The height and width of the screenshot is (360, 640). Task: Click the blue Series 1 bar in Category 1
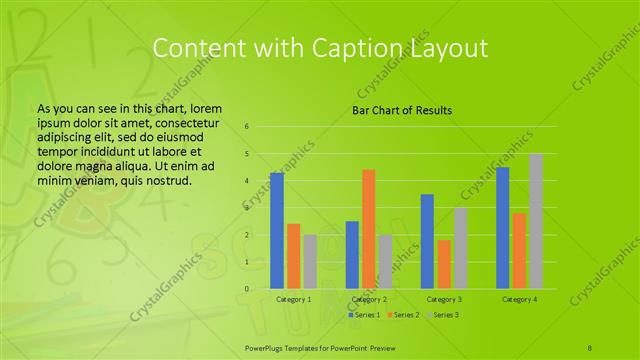277,231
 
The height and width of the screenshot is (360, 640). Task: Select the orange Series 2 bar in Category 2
368,229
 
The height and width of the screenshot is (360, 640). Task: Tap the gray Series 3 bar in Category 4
535,221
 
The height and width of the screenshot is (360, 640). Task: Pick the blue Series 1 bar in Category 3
427,241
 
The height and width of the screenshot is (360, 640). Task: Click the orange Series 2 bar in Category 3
443,264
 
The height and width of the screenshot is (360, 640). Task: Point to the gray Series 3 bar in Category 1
309,262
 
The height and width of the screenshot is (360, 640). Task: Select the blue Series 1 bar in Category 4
503,228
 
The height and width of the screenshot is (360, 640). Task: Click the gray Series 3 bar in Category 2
385,262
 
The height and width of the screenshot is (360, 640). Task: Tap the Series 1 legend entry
364,315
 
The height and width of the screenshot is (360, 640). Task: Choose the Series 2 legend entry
402,315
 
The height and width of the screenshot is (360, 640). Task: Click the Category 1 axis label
293,299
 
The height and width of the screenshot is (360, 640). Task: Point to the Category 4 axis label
519,299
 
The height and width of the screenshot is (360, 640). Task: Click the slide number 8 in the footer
590,345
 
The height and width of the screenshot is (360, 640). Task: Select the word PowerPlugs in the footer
268,345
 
